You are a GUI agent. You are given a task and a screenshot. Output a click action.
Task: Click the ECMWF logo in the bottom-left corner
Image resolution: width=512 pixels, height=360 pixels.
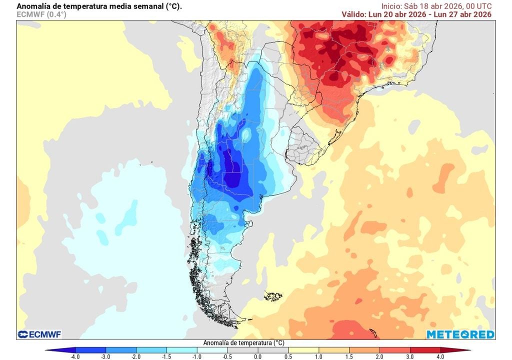(x=39, y=334)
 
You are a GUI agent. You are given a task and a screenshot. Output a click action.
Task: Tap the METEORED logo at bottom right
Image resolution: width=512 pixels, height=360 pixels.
(x=460, y=334)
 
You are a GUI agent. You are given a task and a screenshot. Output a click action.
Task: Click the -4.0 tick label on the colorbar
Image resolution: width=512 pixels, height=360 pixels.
(x=75, y=356)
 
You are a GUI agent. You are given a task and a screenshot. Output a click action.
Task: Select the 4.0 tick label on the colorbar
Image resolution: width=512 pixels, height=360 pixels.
(x=440, y=356)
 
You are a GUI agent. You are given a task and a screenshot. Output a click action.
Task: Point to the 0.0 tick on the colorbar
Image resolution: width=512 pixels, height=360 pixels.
(x=257, y=356)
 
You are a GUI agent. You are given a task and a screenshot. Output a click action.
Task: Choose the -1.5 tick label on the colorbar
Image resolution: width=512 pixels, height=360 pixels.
(x=166, y=356)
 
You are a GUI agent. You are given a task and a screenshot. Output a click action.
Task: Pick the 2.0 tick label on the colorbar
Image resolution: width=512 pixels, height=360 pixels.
(x=379, y=356)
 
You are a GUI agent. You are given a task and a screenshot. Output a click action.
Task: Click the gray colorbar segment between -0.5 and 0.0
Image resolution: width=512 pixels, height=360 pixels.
(x=242, y=349)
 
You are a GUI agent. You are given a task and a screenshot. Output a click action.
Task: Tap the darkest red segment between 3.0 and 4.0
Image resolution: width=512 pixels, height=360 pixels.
(x=425, y=349)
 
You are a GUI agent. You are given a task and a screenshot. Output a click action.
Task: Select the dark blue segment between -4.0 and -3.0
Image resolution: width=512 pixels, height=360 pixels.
(x=90, y=349)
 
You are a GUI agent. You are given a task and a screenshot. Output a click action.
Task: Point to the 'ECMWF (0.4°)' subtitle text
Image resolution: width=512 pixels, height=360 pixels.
(x=41, y=14)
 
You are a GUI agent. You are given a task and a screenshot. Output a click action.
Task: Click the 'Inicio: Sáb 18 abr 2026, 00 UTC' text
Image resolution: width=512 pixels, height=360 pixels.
(x=436, y=6)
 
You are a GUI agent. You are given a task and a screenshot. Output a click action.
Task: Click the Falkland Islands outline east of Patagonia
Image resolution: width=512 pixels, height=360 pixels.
(x=273, y=296)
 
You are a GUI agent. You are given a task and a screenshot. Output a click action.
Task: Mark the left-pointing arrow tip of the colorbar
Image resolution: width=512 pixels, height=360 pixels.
(x=46, y=350)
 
